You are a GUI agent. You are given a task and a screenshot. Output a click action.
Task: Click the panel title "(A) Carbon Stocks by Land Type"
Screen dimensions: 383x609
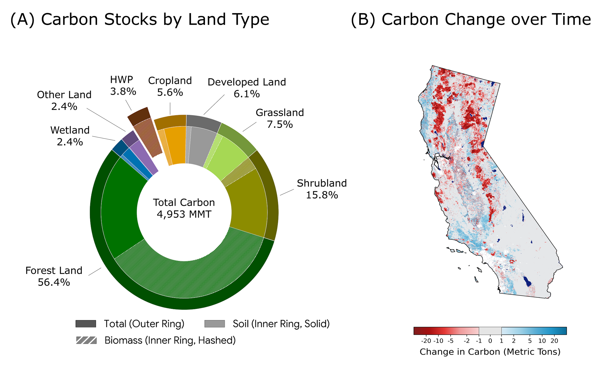139,20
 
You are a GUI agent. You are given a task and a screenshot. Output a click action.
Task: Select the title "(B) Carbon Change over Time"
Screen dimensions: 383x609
471,20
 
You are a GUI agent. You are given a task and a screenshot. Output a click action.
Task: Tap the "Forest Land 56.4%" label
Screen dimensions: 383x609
54,276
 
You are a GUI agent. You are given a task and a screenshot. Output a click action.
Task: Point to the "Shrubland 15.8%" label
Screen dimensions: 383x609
322,189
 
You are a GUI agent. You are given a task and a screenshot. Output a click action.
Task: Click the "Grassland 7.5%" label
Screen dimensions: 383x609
280,118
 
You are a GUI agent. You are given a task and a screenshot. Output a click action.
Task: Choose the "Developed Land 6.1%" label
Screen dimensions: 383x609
246,88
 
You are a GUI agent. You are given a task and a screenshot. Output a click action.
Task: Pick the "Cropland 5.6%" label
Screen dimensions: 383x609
170,86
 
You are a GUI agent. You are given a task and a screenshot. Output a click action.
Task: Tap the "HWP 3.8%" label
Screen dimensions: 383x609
123,85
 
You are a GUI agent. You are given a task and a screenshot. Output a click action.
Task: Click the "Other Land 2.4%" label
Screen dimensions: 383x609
64,100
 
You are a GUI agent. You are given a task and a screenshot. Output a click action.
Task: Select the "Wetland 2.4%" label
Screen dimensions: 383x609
70,136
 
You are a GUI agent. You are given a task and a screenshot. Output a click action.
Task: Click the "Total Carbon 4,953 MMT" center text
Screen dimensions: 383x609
184,208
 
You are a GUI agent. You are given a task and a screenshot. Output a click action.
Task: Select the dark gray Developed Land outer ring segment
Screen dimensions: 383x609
203,122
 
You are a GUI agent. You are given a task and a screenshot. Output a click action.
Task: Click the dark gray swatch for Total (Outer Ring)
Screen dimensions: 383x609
86,324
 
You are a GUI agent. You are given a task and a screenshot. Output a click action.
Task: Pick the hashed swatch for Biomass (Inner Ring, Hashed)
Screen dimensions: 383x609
86,340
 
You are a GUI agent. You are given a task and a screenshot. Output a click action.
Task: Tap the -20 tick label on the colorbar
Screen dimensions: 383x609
426,341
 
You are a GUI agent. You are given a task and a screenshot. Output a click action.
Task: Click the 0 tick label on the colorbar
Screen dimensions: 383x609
490,341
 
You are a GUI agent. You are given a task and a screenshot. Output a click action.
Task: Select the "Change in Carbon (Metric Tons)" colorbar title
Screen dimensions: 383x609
490,352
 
